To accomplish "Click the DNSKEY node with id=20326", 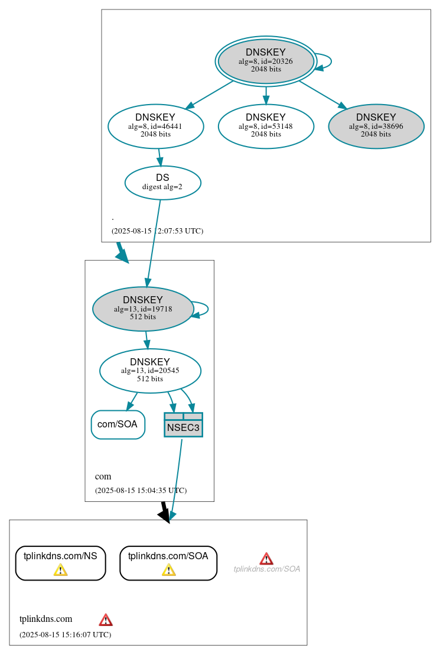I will tap(266, 61).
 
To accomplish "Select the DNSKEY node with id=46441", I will tap(156, 126).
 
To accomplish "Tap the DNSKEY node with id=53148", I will tap(266, 126).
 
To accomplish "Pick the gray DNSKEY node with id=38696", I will tap(376, 126).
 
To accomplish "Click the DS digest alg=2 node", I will tap(163, 183).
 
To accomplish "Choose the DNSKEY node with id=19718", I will tap(143, 309).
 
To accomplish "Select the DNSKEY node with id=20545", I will tap(150, 371).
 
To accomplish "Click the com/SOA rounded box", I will tap(118, 424).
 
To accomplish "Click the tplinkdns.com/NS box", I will tap(60, 563).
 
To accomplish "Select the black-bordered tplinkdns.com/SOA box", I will tap(168, 563).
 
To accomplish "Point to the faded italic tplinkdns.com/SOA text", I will tap(267, 569).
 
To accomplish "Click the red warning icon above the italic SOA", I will tap(266, 559).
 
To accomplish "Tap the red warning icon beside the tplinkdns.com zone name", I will tap(106, 620).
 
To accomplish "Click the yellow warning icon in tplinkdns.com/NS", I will tap(60, 570).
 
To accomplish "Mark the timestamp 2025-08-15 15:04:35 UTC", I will tap(141, 491).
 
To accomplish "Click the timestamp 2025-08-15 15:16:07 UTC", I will tap(65, 635).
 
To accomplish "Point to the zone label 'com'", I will tap(103, 476).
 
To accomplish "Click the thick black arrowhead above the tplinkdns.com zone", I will tap(165, 515).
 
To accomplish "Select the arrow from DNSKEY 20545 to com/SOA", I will tap(132, 401).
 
